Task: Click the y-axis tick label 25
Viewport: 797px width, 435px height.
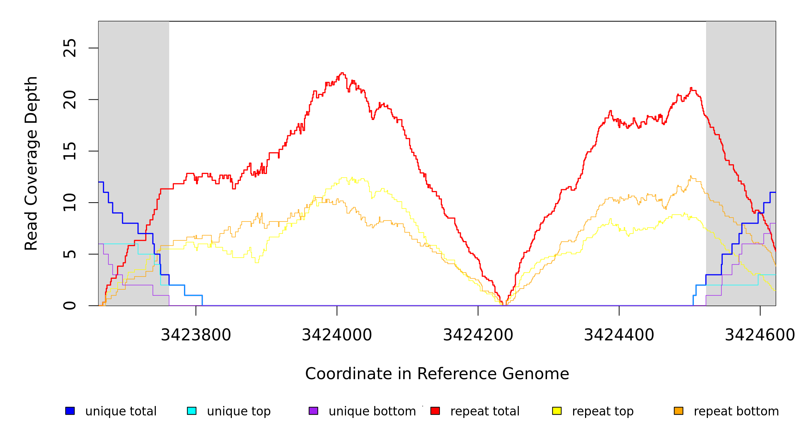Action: (70, 48)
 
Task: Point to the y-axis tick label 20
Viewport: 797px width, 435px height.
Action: (70, 100)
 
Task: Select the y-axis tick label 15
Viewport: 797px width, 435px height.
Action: (70, 151)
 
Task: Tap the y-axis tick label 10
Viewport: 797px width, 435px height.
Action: (70, 203)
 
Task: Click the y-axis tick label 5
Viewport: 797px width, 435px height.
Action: (70, 254)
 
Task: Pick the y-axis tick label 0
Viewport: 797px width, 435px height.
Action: (70, 306)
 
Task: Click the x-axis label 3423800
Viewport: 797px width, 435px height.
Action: (196, 335)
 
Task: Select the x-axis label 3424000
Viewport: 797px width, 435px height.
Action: (337, 335)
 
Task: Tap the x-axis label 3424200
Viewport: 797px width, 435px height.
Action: (478, 335)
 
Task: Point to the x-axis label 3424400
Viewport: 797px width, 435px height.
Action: (619, 335)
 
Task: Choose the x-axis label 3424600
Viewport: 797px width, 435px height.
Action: (760, 335)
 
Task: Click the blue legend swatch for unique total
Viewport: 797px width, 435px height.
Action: (70, 411)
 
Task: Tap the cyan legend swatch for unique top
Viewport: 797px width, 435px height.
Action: (192, 411)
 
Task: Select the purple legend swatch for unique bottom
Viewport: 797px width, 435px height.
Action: (313, 411)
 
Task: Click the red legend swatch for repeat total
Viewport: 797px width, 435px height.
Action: (435, 411)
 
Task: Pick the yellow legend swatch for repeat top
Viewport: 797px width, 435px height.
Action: (557, 411)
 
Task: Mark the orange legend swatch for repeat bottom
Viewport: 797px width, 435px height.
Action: (679, 411)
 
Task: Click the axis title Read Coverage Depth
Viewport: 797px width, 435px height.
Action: (31, 163)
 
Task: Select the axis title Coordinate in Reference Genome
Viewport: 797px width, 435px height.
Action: (437, 374)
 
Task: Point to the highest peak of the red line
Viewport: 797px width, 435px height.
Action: (342, 73)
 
